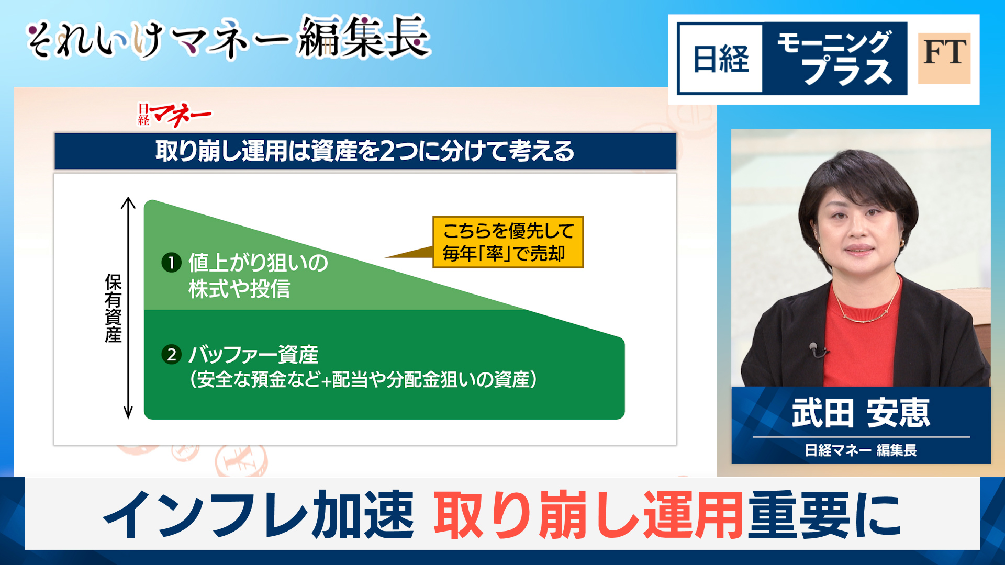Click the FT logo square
pyautogui.click(x=944, y=58)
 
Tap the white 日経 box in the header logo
pyautogui.click(x=721, y=59)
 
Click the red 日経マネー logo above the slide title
pyautogui.click(x=174, y=114)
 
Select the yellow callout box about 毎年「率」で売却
pyautogui.click(x=508, y=242)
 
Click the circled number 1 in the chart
pyautogui.click(x=171, y=262)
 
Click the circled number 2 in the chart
pyautogui.click(x=171, y=355)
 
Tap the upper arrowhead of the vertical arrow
pyautogui.click(x=128, y=201)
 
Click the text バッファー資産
pyautogui.click(x=253, y=355)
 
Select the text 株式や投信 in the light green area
pyautogui.click(x=239, y=289)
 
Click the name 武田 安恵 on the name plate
pyautogui.click(x=861, y=413)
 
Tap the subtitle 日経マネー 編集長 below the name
pyautogui.click(x=861, y=450)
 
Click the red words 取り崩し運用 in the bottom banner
pyautogui.click(x=588, y=515)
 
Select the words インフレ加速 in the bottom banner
pyautogui.click(x=259, y=515)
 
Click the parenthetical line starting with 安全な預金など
pyautogui.click(x=363, y=379)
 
